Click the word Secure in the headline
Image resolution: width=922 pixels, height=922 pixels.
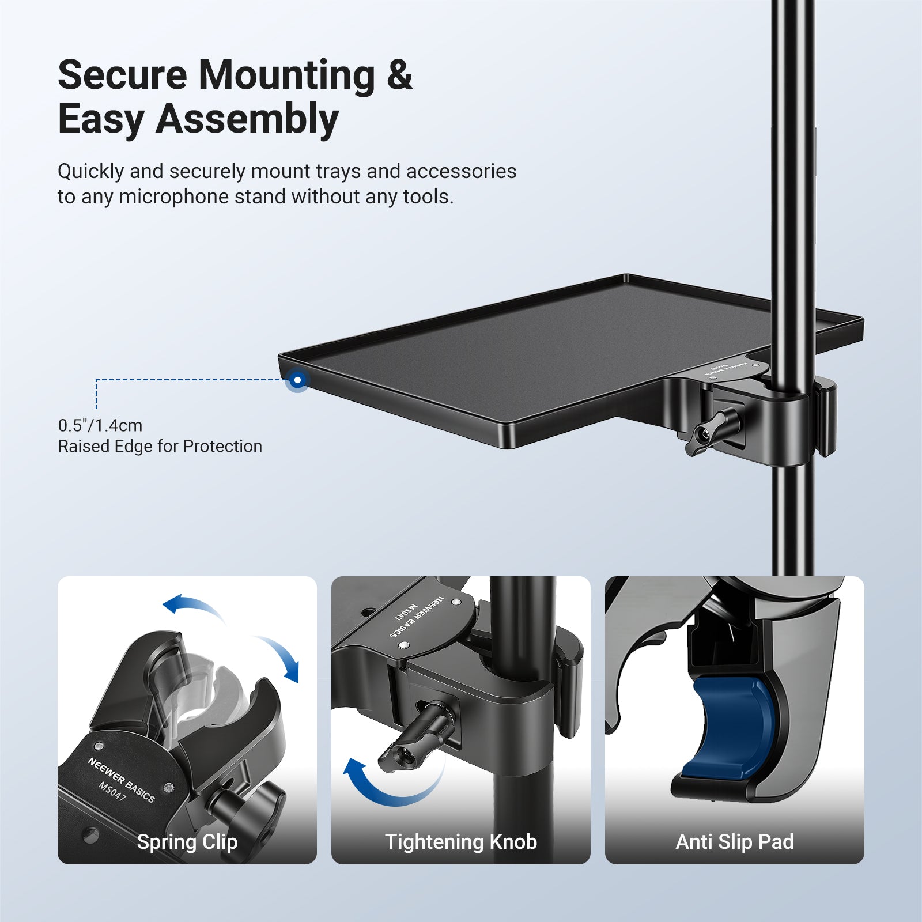pyautogui.click(x=122, y=75)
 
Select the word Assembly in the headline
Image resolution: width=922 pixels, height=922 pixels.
pyautogui.click(x=247, y=120)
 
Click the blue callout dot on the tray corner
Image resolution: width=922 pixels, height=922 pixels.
pyautogui.click(x=297, y=380)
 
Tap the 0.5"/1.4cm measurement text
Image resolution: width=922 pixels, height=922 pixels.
pyautogui.click(x=100, y=425)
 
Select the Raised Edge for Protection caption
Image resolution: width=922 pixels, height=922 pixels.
pyautogui.click(x=160, y=447)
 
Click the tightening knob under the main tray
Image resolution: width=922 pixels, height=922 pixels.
pyautogui.click(x=710, y=433)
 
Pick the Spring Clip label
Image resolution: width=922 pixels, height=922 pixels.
pyautogui.click(x=187, y=842)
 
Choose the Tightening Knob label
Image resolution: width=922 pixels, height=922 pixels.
pyautogui.click(x=461, y=842)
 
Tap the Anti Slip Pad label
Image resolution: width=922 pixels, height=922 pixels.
pyautogui.click(x=735, y=842)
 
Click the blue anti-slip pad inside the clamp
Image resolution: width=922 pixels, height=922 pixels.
pyautogui.click(x=728, y=727)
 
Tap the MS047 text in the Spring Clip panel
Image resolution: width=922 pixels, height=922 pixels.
pyautogui.click(x=112, y=791)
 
